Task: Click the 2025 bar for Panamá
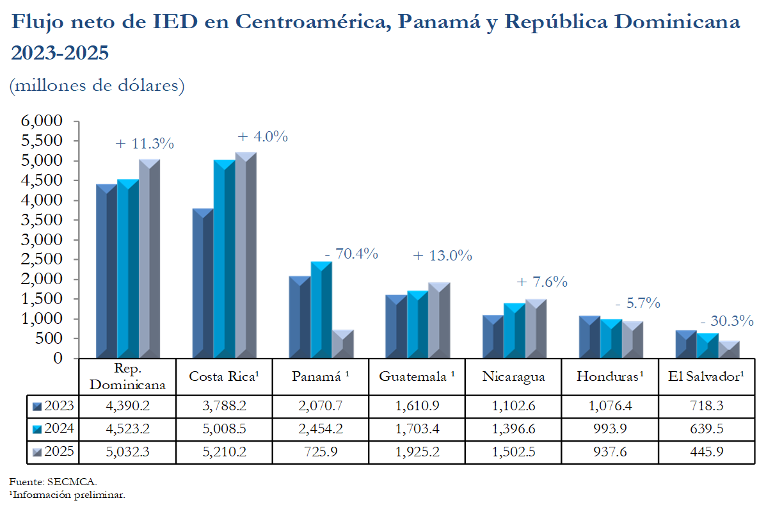coord(342,344)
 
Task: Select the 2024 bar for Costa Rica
coord(224,259)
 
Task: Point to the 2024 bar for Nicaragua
coord(514,330)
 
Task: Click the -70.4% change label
coord(351,254)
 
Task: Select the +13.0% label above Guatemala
coord(442,256)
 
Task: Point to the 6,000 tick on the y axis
coord(42,121)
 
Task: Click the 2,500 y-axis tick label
coord(42,259)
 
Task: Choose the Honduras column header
coord(610,376)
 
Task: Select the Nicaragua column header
coord(513,376)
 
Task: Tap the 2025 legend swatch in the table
coord(37,452)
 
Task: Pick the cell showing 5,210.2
coord(224,452)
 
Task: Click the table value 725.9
coord(321,452)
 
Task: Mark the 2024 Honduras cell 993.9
coord(610,429)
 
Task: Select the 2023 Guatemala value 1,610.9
coord(417,406)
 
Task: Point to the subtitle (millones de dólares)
coord(97,85)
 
